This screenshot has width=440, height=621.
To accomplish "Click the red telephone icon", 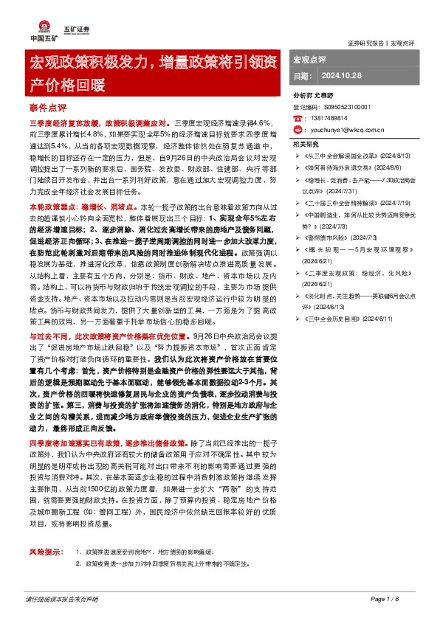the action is pos(297,118).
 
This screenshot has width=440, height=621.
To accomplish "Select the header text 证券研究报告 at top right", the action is pos(365,42).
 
